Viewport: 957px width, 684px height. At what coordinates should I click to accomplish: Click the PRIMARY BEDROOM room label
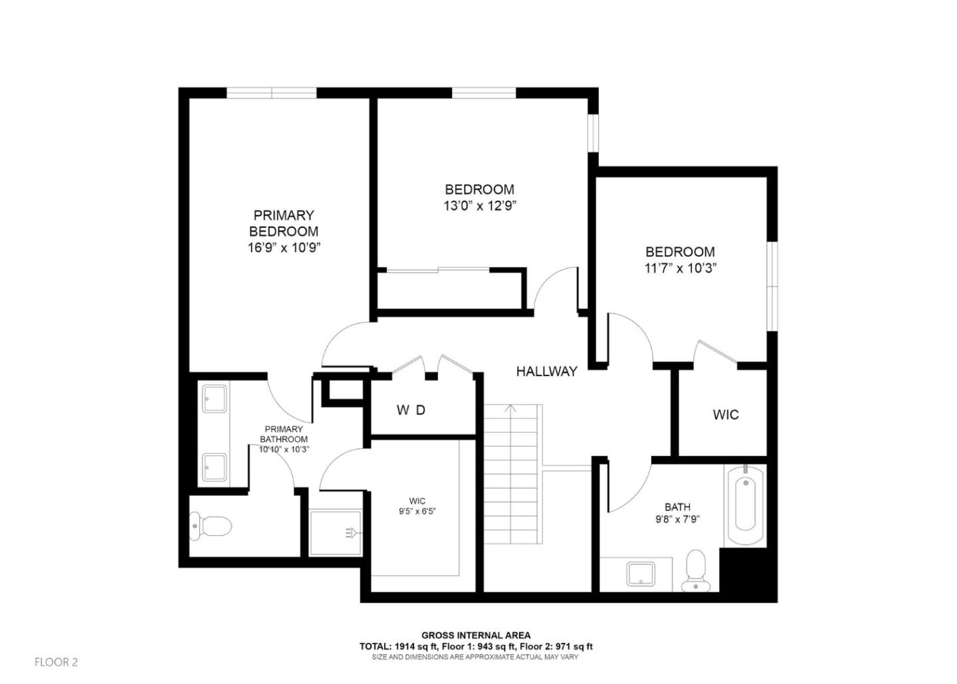[284, 223]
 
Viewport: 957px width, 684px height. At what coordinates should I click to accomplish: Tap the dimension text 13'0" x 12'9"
[480, 206]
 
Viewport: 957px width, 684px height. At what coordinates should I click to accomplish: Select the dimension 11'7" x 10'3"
[680, 269]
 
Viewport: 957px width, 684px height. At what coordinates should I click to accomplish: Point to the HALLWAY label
[546, 372]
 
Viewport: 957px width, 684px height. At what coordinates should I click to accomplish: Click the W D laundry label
[411, 411]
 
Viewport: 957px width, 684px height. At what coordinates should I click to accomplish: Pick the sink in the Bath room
[641, 574]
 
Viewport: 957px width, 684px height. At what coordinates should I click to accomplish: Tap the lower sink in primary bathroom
[214, 467]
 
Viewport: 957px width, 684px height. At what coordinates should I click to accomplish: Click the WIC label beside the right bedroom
[726, 415]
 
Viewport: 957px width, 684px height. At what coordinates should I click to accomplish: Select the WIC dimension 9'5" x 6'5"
[417, 512]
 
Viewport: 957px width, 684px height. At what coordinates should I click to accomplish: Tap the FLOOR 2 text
[56, 662]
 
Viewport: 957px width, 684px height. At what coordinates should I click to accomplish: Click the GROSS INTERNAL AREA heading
[476, 635]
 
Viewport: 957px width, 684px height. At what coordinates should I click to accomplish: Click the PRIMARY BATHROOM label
[284, 434]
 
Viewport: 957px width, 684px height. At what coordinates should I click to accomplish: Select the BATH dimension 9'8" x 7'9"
[677, 520]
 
